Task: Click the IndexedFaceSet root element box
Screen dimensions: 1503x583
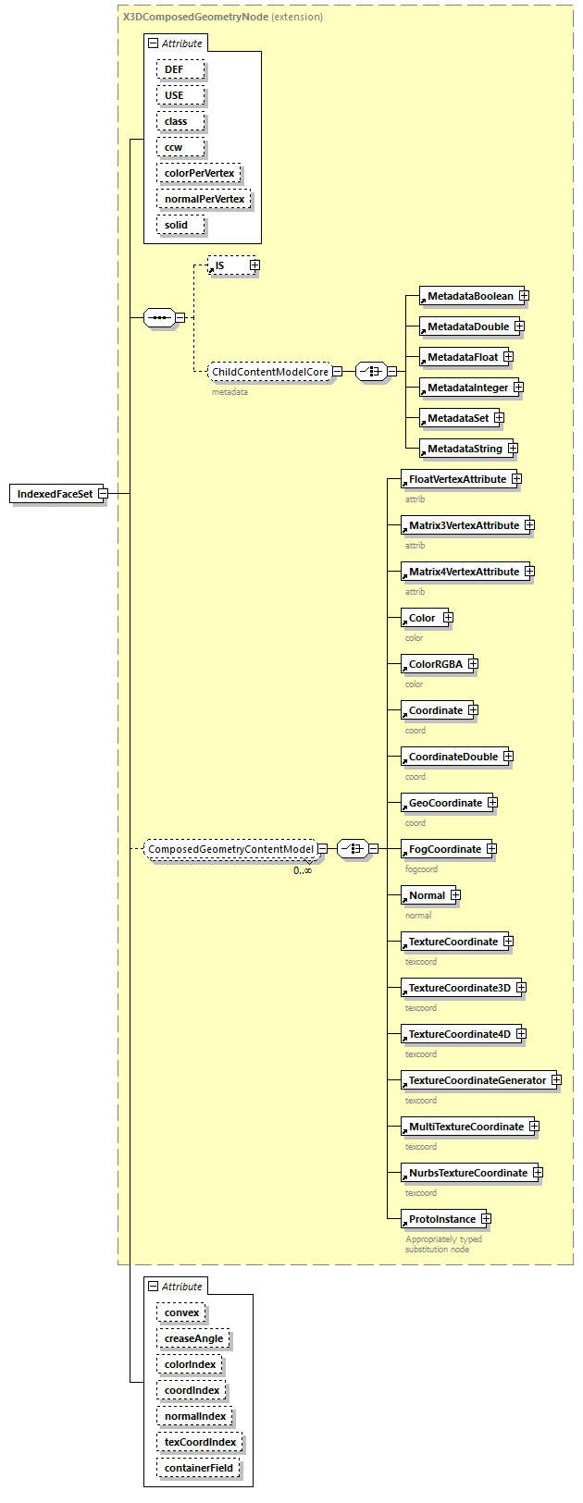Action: [x=56, y=494]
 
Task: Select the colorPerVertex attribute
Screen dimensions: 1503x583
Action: [x=199, y=173]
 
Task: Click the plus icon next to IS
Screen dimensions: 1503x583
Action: [x=254, y=265]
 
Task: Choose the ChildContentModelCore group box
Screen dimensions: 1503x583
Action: [x=270, y=372]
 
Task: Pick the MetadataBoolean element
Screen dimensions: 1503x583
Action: [x=469, y=296]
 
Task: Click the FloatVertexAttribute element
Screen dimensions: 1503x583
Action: [x=456, y=479]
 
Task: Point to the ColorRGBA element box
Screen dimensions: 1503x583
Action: [x=435, y=664]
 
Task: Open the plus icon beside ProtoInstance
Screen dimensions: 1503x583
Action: [x=486, y=1219]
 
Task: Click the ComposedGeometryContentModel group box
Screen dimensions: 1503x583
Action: [x=230, y=849]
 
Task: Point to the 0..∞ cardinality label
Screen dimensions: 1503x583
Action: [x=303, y=870]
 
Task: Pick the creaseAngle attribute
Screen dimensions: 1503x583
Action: [x=193, y=1338]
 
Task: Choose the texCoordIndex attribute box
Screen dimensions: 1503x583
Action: [x=200, y=1442]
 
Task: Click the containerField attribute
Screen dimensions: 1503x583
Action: [x=199, y=1468]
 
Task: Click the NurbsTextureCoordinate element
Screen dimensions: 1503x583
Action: [x=467, y=1173]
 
